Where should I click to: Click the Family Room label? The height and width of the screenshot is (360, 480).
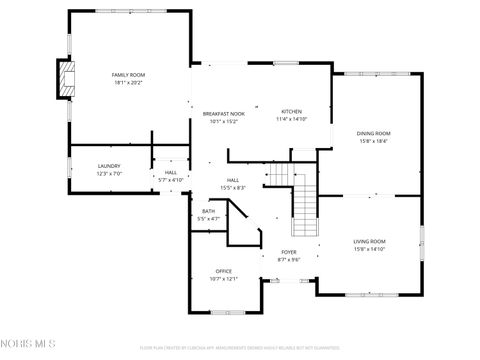point(128,75)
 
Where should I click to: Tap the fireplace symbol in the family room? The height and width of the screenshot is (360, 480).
point(66,80)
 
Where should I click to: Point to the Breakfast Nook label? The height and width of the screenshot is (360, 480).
point(223,113)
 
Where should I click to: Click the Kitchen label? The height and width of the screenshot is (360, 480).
point(291,111)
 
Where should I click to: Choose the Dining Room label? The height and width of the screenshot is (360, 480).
point(373,133)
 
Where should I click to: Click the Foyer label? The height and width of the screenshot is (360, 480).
point(288,252)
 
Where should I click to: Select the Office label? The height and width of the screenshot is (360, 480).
point(224,271)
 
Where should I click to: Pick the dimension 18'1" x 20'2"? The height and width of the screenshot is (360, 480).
point(128,83)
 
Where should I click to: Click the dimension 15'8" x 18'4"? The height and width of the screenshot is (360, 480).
point(373,141)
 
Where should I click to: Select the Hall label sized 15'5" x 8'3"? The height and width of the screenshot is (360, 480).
point(232,180)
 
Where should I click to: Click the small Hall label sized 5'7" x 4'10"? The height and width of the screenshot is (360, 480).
point(171,173)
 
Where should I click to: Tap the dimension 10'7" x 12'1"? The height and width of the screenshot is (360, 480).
point(224,279)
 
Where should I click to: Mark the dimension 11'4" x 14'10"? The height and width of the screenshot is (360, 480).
point(291,119)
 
